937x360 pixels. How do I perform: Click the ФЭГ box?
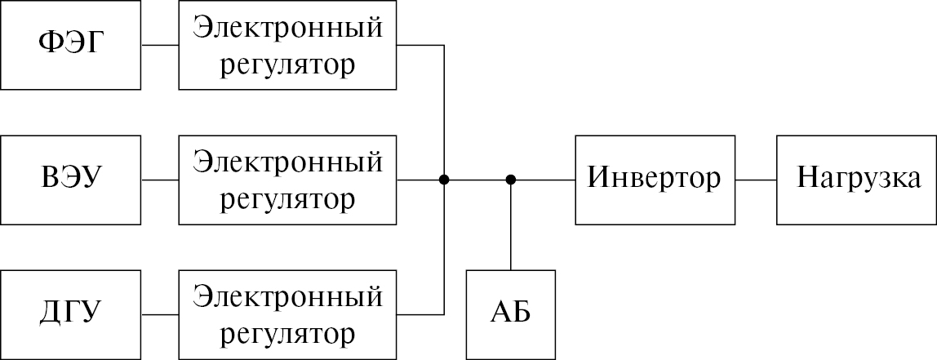tap(71, 45)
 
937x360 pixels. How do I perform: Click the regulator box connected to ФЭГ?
tap(288, 45)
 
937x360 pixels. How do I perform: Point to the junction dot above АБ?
tap(511, 180)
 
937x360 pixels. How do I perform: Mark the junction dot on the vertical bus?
tap(444, 180)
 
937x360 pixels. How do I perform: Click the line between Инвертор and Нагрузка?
tap(756, 180)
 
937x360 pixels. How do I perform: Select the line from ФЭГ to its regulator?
tap(160, 45)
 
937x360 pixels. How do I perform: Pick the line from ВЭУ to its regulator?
tap(160, 180)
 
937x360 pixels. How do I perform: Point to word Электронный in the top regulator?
tap(288, 29)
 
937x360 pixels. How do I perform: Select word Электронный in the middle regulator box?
tap(288, 162)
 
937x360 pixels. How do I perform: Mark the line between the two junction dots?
tap(477, 180)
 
